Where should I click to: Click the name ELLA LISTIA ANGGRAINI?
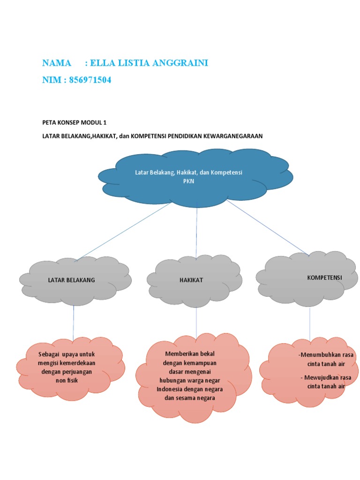click(x=150, y=63)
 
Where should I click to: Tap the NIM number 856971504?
click(x=90, y=80)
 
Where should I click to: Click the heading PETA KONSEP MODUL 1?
click(x=75, y=123)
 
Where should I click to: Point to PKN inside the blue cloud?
click(x=188, y=181)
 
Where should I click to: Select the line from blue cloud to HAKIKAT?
click(x=197, y=232)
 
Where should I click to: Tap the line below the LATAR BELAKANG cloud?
click(x=74, y=323)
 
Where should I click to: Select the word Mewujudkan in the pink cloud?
click(x=320, y=378)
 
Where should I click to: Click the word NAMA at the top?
click(x=57, y=63)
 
